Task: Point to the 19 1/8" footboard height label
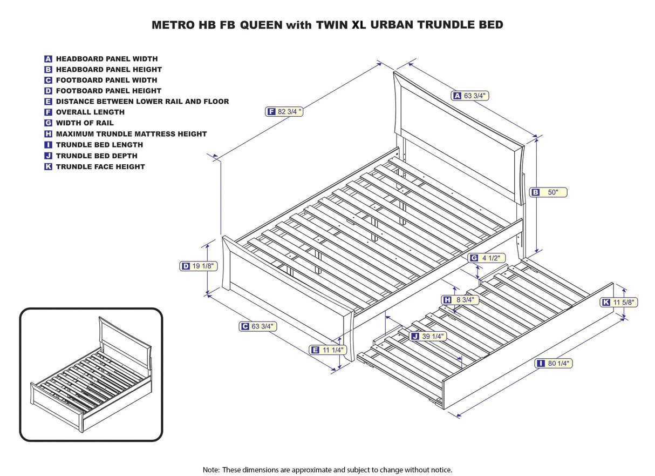tap(198, 266)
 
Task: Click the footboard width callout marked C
tap(257, 326)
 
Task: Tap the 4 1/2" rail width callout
tap(486, 258)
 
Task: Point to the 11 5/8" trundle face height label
tap(619, 303)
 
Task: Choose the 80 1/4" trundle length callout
tap(554, 364)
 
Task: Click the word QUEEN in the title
tap(262, 25)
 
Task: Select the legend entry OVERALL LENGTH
tap(90, 112)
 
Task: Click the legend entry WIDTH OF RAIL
tap(85, 123)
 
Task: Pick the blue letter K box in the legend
tap(49, 167)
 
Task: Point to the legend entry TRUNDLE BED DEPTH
tap(97, 156)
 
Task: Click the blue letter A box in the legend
tap(49, 59)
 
